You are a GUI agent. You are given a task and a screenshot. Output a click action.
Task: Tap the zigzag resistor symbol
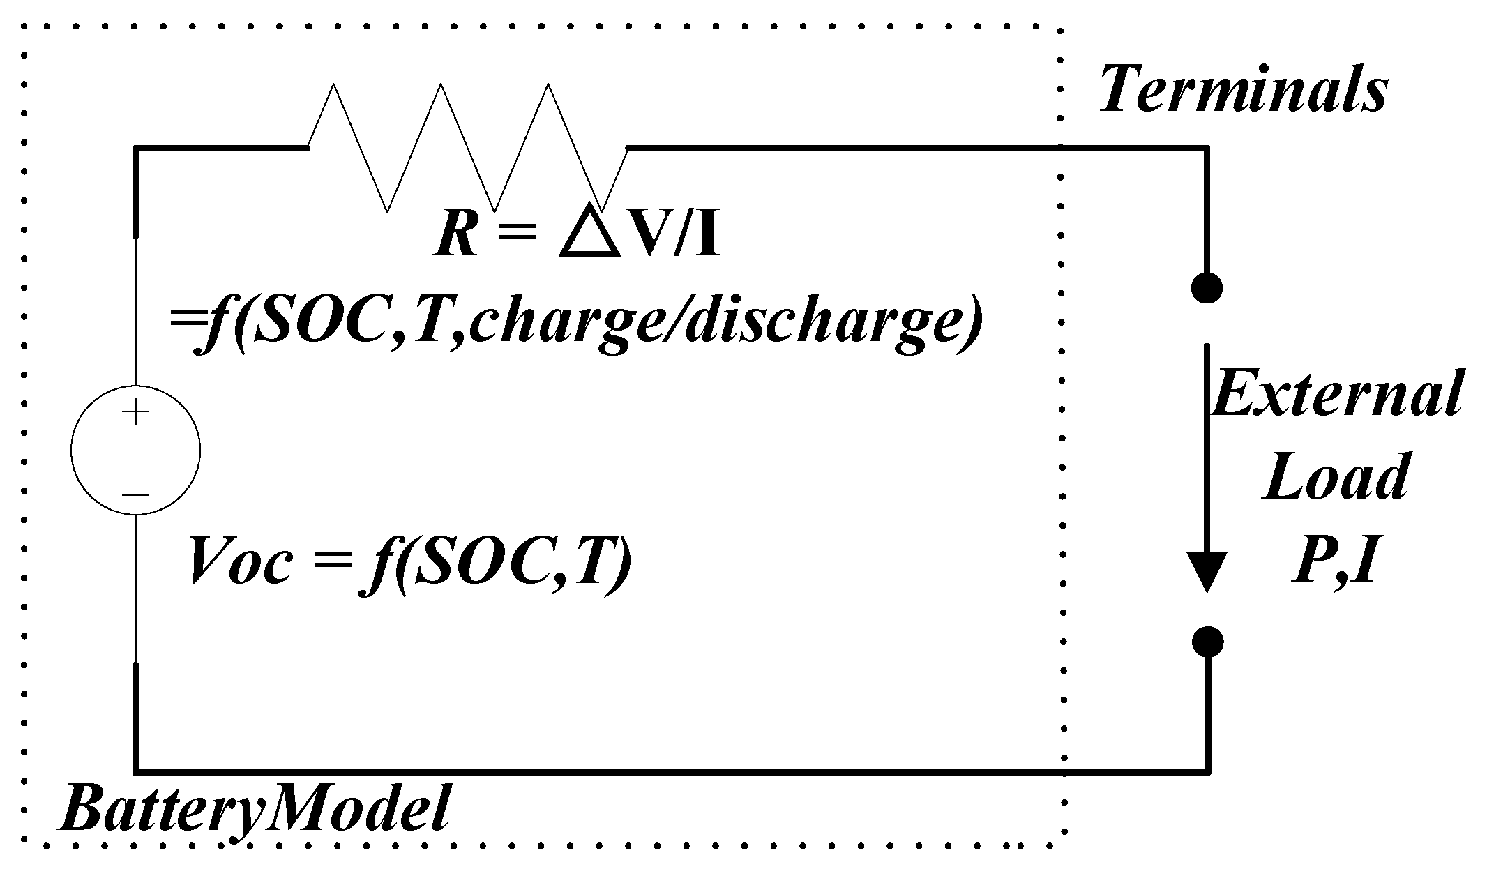[x=467, y=148]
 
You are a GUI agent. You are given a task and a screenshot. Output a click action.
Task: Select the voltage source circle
[x=135, y=451]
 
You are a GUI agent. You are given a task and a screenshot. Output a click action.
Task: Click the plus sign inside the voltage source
[x=135, y=413]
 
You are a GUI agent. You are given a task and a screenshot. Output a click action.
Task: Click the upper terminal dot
[x=1207, y=287]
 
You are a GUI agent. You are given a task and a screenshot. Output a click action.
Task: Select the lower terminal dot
[x=1207, y=642]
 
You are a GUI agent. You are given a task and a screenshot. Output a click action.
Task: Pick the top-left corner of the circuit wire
[x=136, y=148]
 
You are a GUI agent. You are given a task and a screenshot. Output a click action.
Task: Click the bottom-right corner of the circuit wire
[x=1207, y=772]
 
